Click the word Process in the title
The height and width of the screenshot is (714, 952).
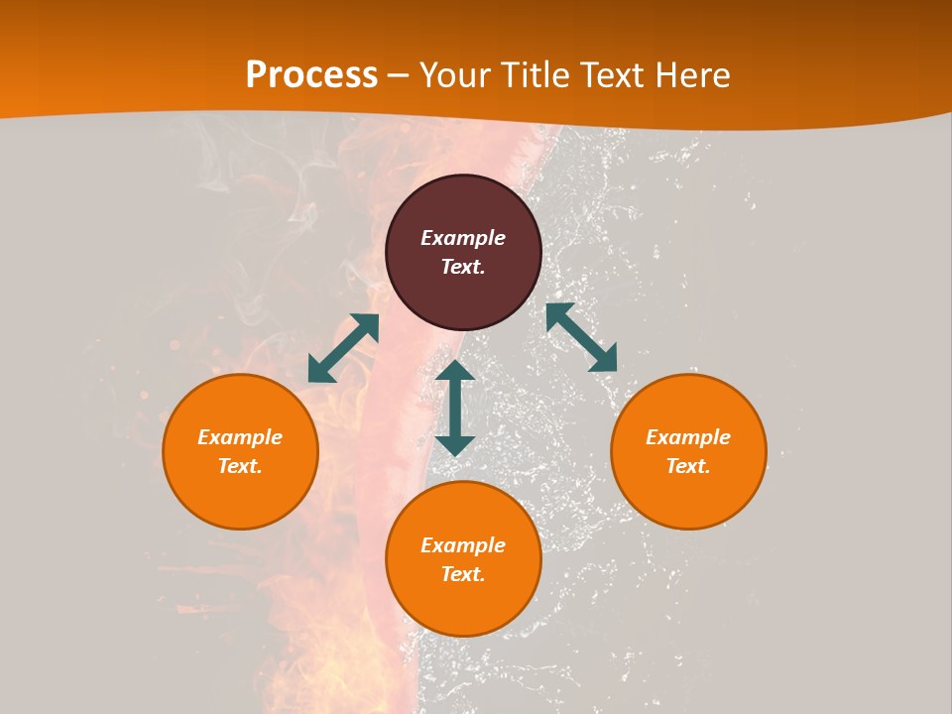[x=311, y=75]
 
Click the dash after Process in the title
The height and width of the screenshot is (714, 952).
[x=399, y=76]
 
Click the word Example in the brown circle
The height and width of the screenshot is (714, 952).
[x=463, y=238]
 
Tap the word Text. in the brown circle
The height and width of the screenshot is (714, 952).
[x=463, y=267]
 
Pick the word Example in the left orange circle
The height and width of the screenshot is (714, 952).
[x=240, y=437]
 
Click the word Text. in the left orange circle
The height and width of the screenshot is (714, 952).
[x=240, y=466]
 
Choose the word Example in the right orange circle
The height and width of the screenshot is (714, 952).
[x=688, y=437]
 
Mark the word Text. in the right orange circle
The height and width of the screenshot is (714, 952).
[x=688, y=466]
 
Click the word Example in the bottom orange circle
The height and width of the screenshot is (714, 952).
[x=463, y=545]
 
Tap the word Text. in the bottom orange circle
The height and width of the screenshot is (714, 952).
[x=463, y=574]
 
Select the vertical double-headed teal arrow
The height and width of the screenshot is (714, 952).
[x=455, y=408]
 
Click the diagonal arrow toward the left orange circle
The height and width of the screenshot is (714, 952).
[x=343, y=348]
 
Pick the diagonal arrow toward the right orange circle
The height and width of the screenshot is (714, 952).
[x=581, y=337]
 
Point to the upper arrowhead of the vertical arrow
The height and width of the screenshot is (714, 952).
[x=455, y=372]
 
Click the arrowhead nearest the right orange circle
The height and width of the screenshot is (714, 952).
[x=604, y=359]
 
